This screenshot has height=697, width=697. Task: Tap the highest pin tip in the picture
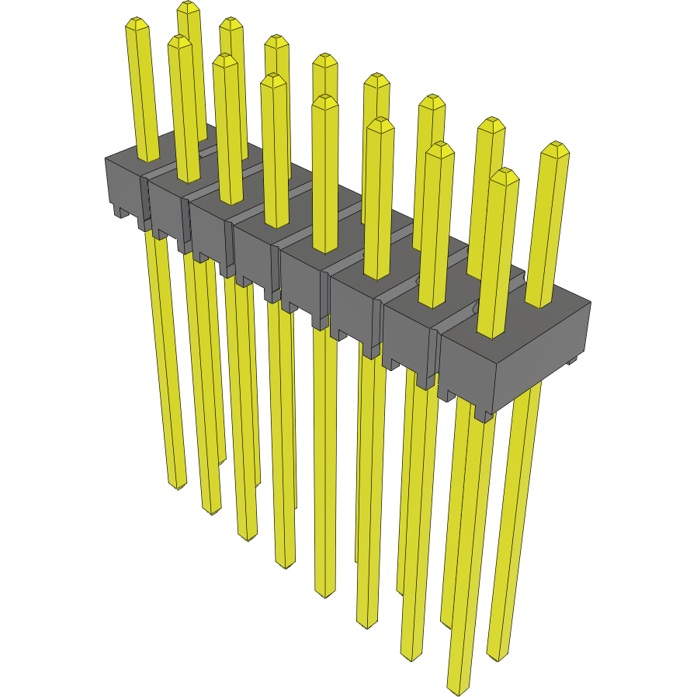[x=186, y=6]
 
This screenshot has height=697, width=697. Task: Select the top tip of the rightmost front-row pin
[x=504, y=174]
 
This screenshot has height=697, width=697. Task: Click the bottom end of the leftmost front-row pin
[x=178, y=484]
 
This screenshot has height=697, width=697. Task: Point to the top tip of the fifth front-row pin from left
[x=324, y=100]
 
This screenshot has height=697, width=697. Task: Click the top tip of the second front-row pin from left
[x=179, y=40]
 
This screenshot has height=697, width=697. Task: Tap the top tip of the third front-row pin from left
[x=224, y=59]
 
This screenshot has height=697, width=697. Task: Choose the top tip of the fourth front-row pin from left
[x=272, y=79]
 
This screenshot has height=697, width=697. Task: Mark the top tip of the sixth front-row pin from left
[x=380, y=123]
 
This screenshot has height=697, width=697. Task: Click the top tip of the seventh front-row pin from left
[x=439, y=147]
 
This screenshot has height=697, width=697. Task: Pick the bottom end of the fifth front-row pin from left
[x=325, y=593]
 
